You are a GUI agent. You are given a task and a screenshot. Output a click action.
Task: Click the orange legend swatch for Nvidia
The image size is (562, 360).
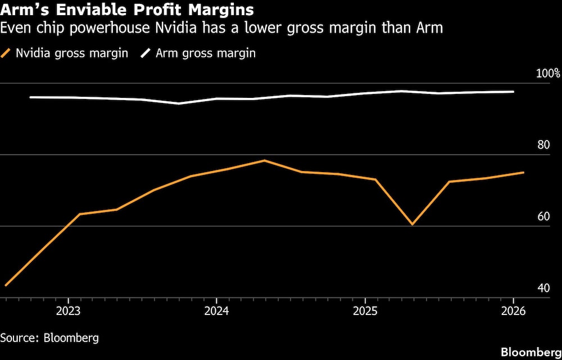coord(7,53)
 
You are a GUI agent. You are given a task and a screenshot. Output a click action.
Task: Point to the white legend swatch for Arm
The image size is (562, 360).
coord(146,53)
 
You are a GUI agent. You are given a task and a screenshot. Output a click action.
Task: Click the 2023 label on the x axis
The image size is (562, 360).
coord(68,310)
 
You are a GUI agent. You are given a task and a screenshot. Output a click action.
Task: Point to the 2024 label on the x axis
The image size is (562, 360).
coord(216,310)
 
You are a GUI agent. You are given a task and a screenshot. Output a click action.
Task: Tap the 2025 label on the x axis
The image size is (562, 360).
coord(365,310)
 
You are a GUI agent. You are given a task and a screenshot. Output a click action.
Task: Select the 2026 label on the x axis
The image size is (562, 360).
coord(513,310)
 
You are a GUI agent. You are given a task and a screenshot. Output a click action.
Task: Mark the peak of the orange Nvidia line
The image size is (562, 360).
coord(264,160)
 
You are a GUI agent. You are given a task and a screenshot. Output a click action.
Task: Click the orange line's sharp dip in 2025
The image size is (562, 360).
coord(412,224)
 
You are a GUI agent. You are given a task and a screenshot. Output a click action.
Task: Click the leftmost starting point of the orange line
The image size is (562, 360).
coord(6,285)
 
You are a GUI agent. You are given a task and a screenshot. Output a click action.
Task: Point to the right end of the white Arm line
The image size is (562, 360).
coord(513,92)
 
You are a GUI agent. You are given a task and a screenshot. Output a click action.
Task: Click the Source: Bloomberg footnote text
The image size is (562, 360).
coord(49,337)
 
